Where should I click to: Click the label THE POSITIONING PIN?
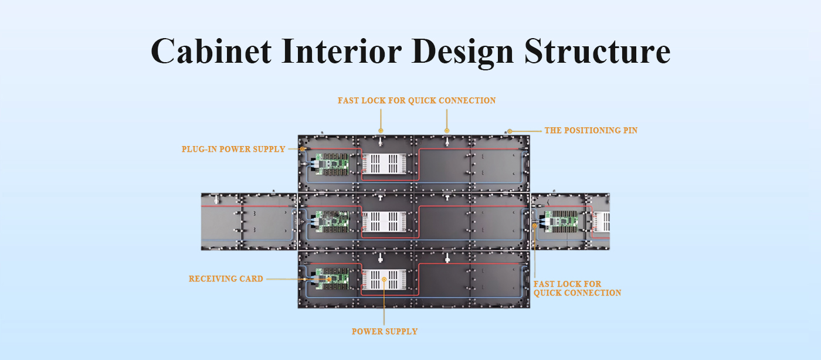[x=591, y=131]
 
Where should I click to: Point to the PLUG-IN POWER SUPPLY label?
[x=233, y=149]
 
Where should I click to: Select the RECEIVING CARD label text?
[x=226, y=279]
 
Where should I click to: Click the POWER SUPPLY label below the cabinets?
[x=385, y=331]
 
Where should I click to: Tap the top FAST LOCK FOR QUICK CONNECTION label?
[x=417, y=100]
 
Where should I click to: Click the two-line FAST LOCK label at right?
[x=577, y=288]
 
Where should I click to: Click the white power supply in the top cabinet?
[x=384, y=164]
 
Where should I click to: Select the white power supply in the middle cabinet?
[x=384, y=222]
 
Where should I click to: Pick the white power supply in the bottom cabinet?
[x=384, y=279]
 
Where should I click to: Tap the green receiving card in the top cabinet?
[x=332, y=164]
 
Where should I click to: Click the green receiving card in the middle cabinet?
[x=332, y=222]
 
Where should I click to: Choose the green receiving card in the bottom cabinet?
[x=332, y=279]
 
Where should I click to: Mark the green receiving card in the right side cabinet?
[x=561, y=222]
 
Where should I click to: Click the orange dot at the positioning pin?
[x=510, y=131]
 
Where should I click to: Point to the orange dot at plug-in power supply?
[x=303, y=149]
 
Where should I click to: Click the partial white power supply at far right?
[x=602, y=222]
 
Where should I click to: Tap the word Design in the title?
[x=463, y=52]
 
